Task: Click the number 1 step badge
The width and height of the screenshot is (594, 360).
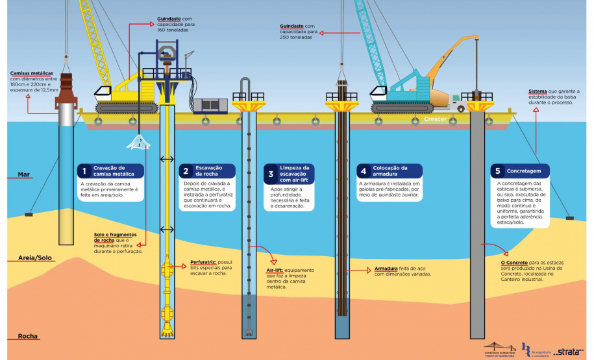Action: click(82, 171)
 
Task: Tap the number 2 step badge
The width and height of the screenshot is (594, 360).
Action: click(185, 171)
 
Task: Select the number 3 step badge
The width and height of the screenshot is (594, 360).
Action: click(269, 173)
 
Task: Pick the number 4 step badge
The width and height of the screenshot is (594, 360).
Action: click(364, 171)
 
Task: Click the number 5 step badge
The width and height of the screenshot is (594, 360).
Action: click(497, 171)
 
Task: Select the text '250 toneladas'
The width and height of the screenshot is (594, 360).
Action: click(295, 38)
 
